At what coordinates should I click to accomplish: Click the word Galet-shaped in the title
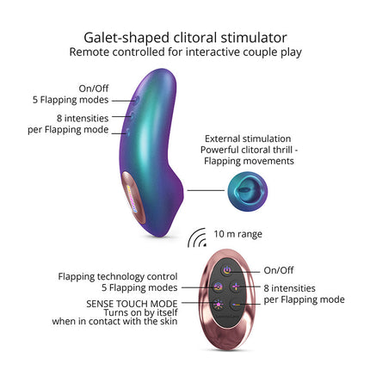[126, 38]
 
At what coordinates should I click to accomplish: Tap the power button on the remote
[227, 270]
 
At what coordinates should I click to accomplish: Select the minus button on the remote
[237, 305]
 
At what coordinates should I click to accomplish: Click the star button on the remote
[219, 304]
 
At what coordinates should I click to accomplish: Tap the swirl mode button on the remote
[218, 287]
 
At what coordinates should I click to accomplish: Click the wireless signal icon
[197, 238]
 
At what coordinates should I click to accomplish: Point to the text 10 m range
[237, 234]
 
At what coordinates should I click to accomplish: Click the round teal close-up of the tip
[248, 191]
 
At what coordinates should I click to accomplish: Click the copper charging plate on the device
[133, 198]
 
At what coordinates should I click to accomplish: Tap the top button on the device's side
[137, 100]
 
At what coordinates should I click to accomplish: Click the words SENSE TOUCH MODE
[132, 304]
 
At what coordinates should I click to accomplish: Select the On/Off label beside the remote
[279, 270]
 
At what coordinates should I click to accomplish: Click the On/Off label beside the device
[94, 89]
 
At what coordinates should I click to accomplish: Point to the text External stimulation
[248, 139]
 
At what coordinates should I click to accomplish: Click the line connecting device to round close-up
[206, 190]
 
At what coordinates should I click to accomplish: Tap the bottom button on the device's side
[127, 133]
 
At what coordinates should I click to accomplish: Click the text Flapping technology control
[118, 277]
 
